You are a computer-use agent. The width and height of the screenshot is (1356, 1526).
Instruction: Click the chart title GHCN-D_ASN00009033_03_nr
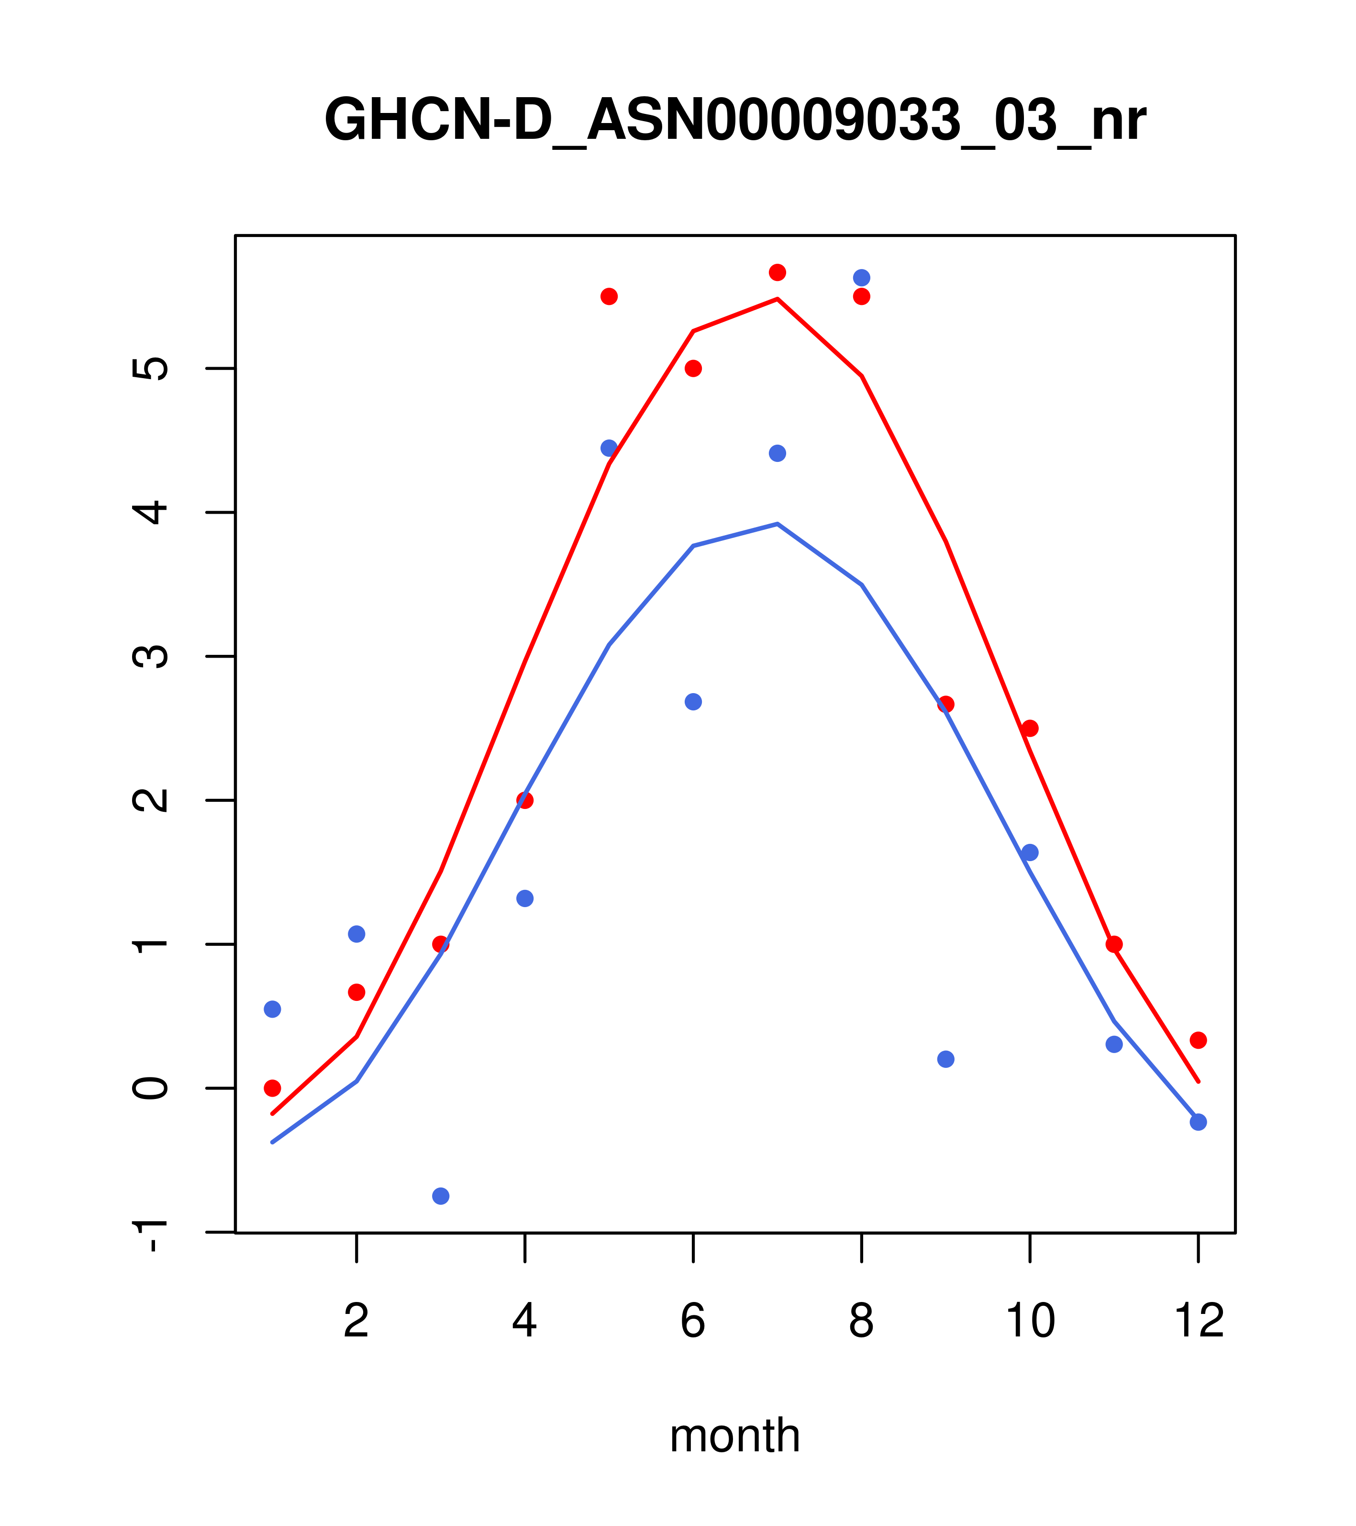(734, 121)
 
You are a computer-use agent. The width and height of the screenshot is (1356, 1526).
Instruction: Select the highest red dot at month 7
(777, 272)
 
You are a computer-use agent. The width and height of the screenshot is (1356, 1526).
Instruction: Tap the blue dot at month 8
(861, 278)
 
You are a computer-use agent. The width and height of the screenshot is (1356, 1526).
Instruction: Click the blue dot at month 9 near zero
(945, 1059)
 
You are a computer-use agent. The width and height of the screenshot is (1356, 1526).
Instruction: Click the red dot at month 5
(609, 296)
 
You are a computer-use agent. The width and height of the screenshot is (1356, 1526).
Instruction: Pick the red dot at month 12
(1199, 1040)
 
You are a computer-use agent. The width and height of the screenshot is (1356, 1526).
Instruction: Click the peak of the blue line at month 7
(777, 524)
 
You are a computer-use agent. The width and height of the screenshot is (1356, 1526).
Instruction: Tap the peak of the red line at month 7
(777, 299)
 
